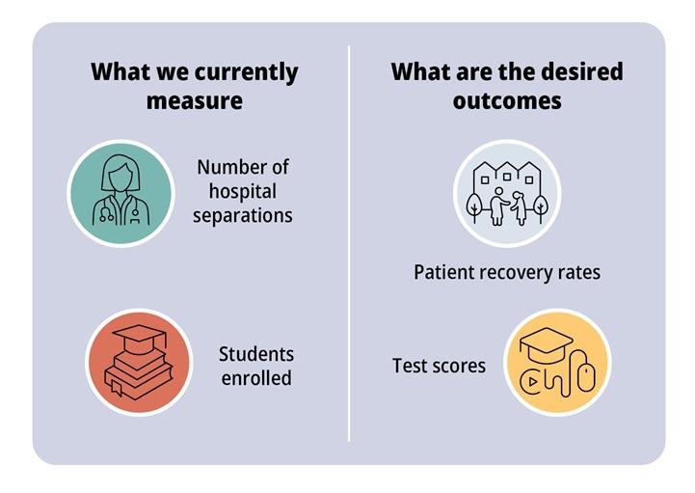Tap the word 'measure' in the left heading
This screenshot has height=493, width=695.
(x=194, y=100)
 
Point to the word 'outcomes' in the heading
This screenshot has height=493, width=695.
(x=507, y=100)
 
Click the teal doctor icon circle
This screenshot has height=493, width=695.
(x=120, y=193)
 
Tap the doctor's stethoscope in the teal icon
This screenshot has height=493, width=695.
(x=106, y=209)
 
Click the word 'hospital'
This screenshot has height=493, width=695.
(x=243, y=192)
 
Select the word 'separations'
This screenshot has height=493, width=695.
(x=243, y=216)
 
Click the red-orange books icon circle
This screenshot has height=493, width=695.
(x=139, y=362)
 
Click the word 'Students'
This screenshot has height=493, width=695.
(x=256, y=354)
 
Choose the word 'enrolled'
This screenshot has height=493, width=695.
(x=256, y=378)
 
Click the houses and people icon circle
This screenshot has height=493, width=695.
(x=507, y=193)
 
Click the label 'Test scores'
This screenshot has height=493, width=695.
(x=439, y=366)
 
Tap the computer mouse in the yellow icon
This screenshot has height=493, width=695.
(x=587, y=376)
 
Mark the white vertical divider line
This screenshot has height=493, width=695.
(x=349, y=243)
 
